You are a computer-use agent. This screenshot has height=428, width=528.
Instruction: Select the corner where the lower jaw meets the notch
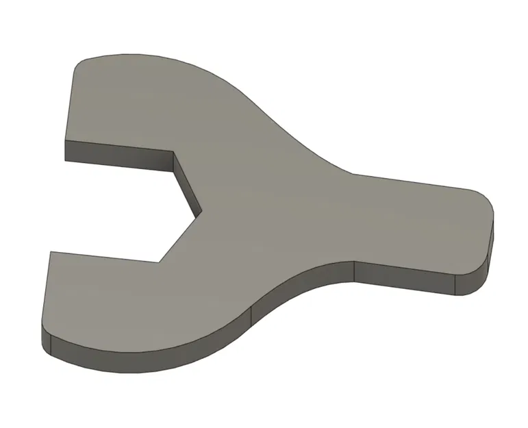point(159,261)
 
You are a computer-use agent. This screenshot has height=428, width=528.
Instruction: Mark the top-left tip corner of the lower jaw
point(49,251)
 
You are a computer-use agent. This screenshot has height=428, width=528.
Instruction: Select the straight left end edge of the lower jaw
point(46,294)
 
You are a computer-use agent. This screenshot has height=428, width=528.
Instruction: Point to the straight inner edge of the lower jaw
point(103,256)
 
